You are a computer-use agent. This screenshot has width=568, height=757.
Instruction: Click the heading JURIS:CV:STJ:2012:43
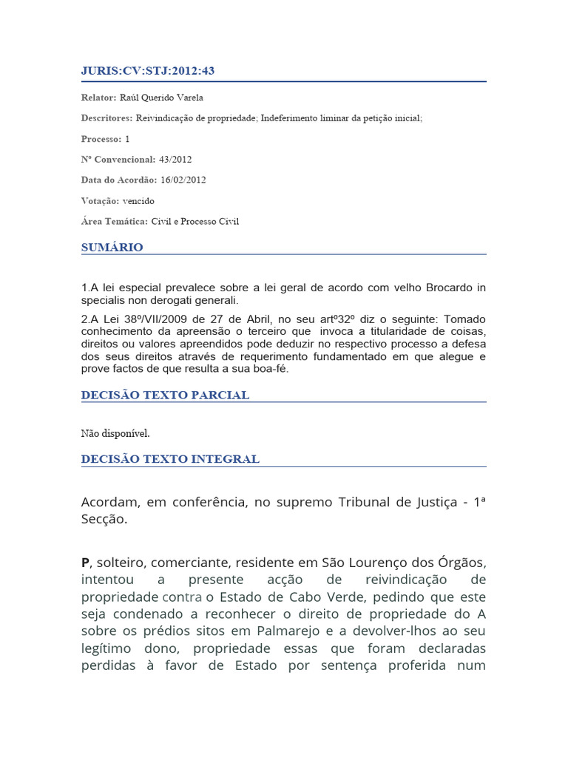[x=148, y=71]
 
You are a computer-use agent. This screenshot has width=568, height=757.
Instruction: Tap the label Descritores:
[x=106, y=118]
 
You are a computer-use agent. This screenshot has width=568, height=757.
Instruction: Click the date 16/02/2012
[x=183, y=180]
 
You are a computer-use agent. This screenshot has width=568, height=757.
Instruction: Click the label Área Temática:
[x=115, y=221]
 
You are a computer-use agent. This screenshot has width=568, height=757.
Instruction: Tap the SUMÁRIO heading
[x=112, y=248]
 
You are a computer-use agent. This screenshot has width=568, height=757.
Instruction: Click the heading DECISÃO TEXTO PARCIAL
[x=165, y=395]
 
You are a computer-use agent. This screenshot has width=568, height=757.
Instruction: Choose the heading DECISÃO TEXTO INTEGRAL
[x=170, y=459]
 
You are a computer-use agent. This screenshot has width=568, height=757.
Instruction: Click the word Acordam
[x=109, y=503]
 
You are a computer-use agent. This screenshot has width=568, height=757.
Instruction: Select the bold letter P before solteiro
[x=85, y=563]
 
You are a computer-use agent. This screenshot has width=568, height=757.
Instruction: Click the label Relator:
[x=98, y=98]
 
